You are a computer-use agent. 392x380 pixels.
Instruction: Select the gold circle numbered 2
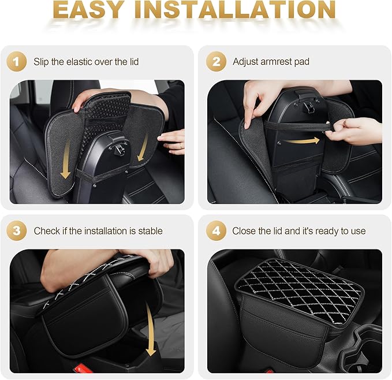(x=217, y=61)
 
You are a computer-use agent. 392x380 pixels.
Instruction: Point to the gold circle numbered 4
(x=217, y=230)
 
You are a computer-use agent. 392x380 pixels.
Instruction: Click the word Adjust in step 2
(x=246, y=62)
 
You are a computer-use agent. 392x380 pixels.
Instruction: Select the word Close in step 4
(x=244, y=231)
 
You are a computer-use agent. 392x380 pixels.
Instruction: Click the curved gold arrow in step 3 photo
(x=152, y=331)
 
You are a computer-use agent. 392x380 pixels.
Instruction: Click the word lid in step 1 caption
(x=132, y=62)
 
